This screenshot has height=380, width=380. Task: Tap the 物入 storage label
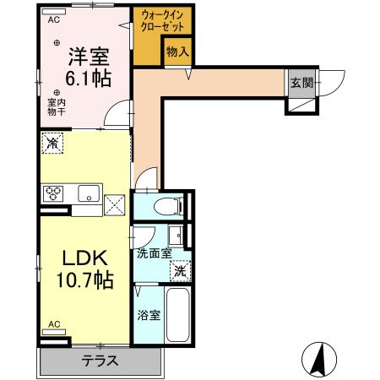pyautogui.click(x=177, y=52)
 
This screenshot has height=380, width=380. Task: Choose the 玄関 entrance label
pyautogui.click(x=301, y=82)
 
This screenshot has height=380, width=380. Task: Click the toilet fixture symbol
pyautogui.click(x=168, y=206)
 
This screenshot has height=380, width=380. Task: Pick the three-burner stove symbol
pyautogui.click(x=55, y=193)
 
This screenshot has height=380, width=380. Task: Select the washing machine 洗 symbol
pyautogui.click(x=179, y=272)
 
